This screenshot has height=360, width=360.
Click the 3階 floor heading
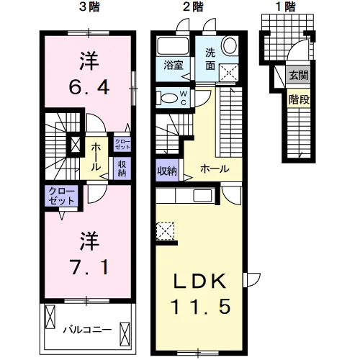pyautogui.click(x=89, y=7)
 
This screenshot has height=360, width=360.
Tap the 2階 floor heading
pyautogui.click(x=193, y=7)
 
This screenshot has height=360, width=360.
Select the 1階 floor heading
pyautogui.click(x=286, y=7)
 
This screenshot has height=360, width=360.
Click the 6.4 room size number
pyautogui.click(x=89, y=87)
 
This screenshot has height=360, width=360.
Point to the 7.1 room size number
pyautogui.click(x=89, y=266)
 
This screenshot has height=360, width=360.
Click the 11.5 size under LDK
pyautogui.click(x=201, y=307)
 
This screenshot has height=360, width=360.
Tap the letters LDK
pyautogui.click(x=199, y=281)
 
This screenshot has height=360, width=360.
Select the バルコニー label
pyautogui.click(x=87, y=330)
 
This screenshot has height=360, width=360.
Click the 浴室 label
pyautogui.click(x=174, y=65)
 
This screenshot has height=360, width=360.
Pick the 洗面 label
pyautogui.click(x=210, y=59)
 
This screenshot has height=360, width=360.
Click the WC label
pyautogui.click(x=184, y=98)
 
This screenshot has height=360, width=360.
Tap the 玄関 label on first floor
pyautogui.click(x=298, y=76)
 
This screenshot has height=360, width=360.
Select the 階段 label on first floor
pyautogui.click(x=299, y=99)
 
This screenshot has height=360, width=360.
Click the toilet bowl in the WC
pyautogui.click(x=167, y=99)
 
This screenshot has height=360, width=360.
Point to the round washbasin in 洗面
pyautogui.click(x=230, y=46)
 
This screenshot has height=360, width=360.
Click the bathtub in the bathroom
pyautogui.click(x=172, y=46)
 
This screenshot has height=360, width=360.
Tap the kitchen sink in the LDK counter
pyautogui.click(x=203, y=195)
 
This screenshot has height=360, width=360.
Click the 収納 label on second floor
pyautogui.click(x=167, y=171)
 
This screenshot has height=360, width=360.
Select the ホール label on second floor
pyautogui.click(x=215, y=169)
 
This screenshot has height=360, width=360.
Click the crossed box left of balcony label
pyautogui.click(x=50, y=317)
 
